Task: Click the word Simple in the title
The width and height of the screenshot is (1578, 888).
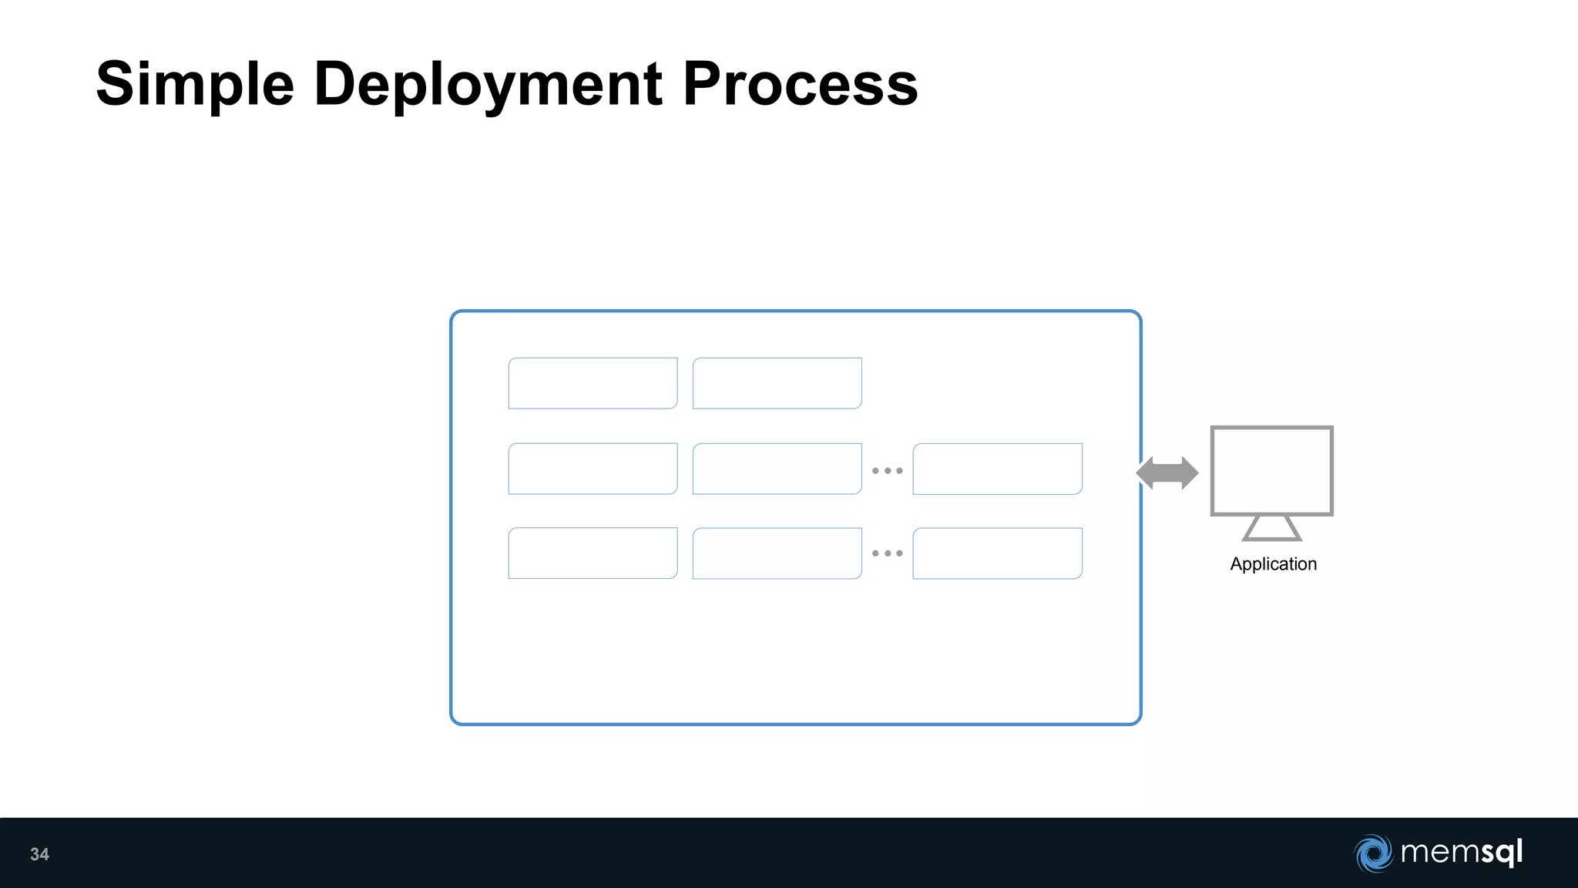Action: coord(195,85)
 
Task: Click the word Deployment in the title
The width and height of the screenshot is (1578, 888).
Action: coord(488,85)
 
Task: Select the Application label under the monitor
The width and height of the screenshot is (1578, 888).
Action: coord(1273,564)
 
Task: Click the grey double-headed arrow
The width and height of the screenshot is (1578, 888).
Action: coord(1167,473)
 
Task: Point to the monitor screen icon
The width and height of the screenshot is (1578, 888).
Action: coord(1271,470)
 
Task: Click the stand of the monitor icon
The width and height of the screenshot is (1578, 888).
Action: coord(1272,529)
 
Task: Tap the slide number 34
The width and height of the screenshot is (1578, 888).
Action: coord(39,854)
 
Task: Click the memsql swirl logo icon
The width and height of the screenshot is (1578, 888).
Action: coord(1373,853)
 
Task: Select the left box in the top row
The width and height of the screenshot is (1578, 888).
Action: coord(593,383)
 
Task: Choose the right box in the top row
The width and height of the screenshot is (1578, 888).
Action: coord(777,383)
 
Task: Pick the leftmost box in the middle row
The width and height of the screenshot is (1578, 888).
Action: coord(593,469)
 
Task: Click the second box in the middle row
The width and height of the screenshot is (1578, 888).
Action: coord(777,469)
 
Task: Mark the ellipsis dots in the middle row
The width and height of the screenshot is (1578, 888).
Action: coord(887,470)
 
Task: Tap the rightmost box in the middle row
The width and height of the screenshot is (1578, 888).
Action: coord(997,469)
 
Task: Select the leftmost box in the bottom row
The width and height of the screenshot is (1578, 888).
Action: coord(593,553)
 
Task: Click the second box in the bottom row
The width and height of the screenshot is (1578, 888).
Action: coord(777,553)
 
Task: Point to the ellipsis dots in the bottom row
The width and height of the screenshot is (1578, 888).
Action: coord(887,553)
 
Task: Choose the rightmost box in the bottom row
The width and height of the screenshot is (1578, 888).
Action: coord(997,553)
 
